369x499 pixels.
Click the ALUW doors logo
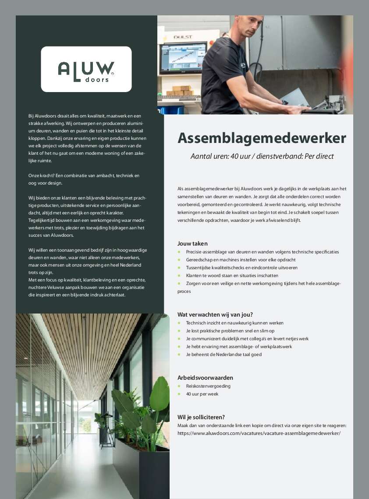pyautogui.click(x=86, y=69)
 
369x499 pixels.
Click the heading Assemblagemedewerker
pyautogui.click(x=262, y=138)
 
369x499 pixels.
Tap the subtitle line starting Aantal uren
pyautogui.click(x=262, y=157)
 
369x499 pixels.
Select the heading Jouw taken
pyautogui.click(x=192, y=243)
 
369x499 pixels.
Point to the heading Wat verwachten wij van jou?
pyautogui.click(x=215, y=314)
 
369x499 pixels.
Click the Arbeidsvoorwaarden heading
pyautogui.click(x=205, y=378)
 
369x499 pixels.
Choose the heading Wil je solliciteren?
pyautogui.click(x=201, y=417)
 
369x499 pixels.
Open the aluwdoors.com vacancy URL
pyautogui.click(x=259, y=433)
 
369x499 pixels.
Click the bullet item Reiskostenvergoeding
pyautogui.click(x=208, y=386)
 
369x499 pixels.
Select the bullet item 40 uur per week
pyautogui.click(x=202, y=394)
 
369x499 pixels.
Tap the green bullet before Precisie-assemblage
pyautogui.click(x=179, y=252)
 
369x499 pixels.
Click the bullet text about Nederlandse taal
pyautogui.click(x=224, y=354)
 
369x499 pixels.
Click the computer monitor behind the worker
pyautogui.click(x=183, y=57)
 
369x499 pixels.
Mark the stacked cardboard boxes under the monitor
pyautogui.click(x=180, y=90)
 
